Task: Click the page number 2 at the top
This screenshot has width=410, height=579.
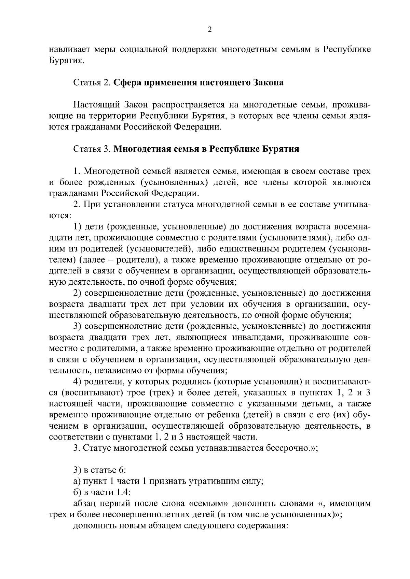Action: [210, 30]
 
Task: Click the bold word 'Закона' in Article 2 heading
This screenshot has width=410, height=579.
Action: [268, 83]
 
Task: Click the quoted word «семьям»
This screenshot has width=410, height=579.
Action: [208, 504]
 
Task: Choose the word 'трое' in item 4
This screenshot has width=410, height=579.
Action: [136, 393]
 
